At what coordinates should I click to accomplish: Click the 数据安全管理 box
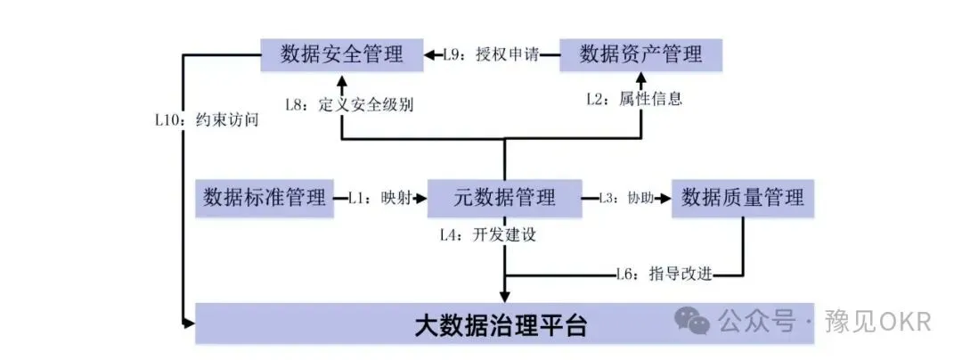click(341, 54)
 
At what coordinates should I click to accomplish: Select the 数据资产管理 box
click(640, 54)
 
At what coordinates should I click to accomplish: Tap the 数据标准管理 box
click(265, 197)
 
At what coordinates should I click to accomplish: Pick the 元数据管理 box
click(504, 197)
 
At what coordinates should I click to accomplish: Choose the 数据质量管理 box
click(742, 197)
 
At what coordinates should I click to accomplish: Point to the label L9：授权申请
click(491, 55)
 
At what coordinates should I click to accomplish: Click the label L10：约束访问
click(207, 119)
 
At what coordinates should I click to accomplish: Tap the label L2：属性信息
click(633, 99)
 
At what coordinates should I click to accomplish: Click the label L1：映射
click(379, 198)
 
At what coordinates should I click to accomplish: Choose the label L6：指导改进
click(664, 275)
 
